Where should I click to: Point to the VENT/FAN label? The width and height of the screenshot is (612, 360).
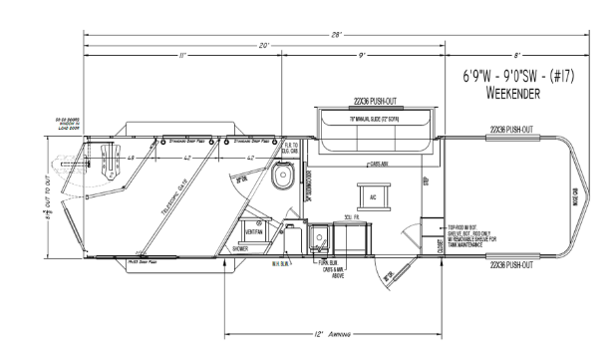(x=253, y=232)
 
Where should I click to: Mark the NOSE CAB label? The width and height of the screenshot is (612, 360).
(x=575, y=199)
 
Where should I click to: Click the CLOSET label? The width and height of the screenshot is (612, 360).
(x=440, y=244)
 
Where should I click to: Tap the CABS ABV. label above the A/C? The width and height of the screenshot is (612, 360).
(x=378, y=165)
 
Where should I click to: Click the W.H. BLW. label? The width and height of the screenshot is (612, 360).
(x=280, y=264)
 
